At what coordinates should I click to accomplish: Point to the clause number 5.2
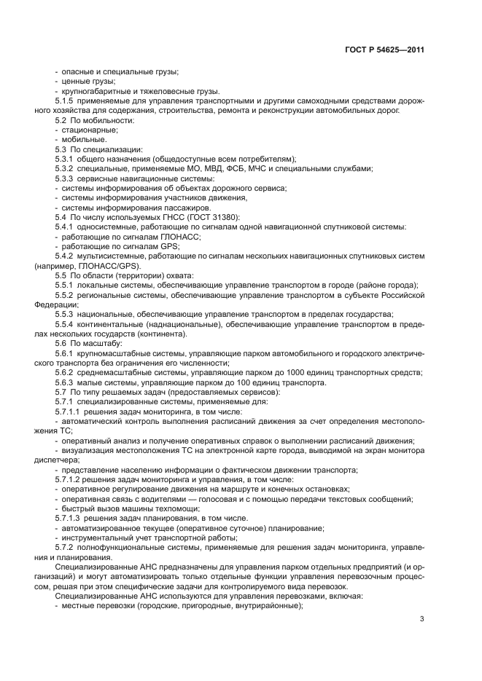62,119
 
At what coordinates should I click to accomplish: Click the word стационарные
85,129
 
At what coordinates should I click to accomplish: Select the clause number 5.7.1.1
70,412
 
